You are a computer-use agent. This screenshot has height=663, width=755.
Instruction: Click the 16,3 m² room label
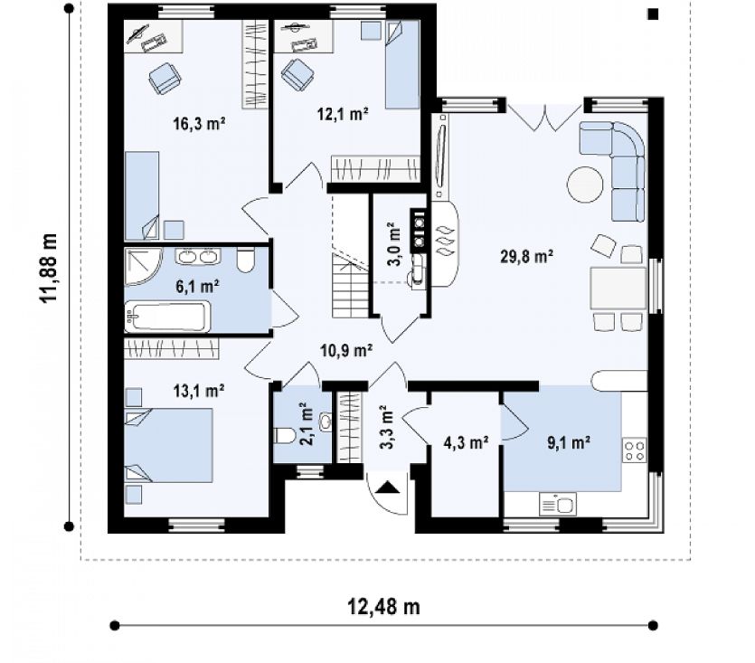point(199,124)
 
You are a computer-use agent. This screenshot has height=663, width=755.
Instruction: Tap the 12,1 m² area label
point(343,114)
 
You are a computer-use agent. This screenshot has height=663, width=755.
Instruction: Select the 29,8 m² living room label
point(526,256)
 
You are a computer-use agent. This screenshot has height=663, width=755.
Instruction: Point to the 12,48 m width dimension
point(383,607)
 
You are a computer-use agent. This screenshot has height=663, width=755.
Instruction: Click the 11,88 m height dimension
point(49,268)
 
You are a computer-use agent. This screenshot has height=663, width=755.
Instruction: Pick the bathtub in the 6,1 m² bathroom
point(167,317)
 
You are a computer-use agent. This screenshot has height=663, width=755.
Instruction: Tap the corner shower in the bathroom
point(144,267)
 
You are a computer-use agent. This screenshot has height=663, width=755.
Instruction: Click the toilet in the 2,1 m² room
point(284,436)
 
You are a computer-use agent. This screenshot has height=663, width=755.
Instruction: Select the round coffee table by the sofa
point(585,185)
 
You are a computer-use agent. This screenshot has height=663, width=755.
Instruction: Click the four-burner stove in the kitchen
point(635,450)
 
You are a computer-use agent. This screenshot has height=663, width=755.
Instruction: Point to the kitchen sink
point(558,505)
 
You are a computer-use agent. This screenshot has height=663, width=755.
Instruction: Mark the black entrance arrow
point(387,488)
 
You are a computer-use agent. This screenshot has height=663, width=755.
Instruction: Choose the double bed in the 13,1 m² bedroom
point(168,445)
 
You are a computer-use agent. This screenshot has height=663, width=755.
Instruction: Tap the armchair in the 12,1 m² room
point(297,74)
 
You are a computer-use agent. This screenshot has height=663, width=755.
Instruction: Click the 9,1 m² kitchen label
point(569,442)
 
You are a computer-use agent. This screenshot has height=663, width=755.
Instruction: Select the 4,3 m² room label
point(466,442)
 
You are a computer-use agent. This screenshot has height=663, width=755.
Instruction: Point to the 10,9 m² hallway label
point(346,350)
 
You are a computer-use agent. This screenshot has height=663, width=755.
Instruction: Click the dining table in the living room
point(618,289)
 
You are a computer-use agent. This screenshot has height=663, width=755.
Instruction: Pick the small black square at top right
point(653,14)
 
